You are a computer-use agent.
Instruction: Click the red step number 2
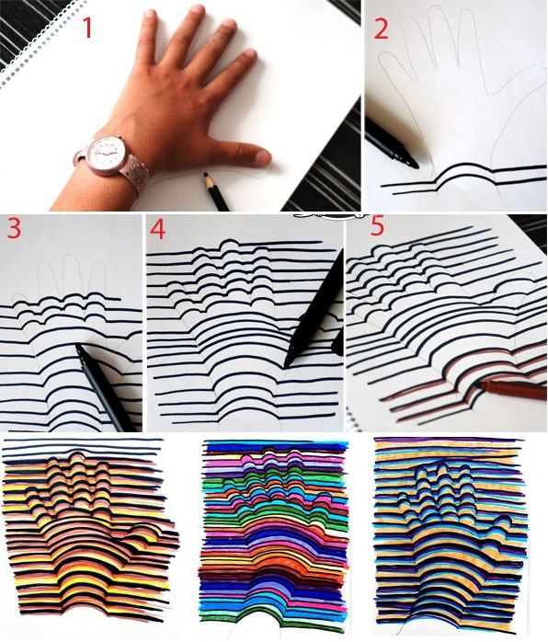pos(381,29)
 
